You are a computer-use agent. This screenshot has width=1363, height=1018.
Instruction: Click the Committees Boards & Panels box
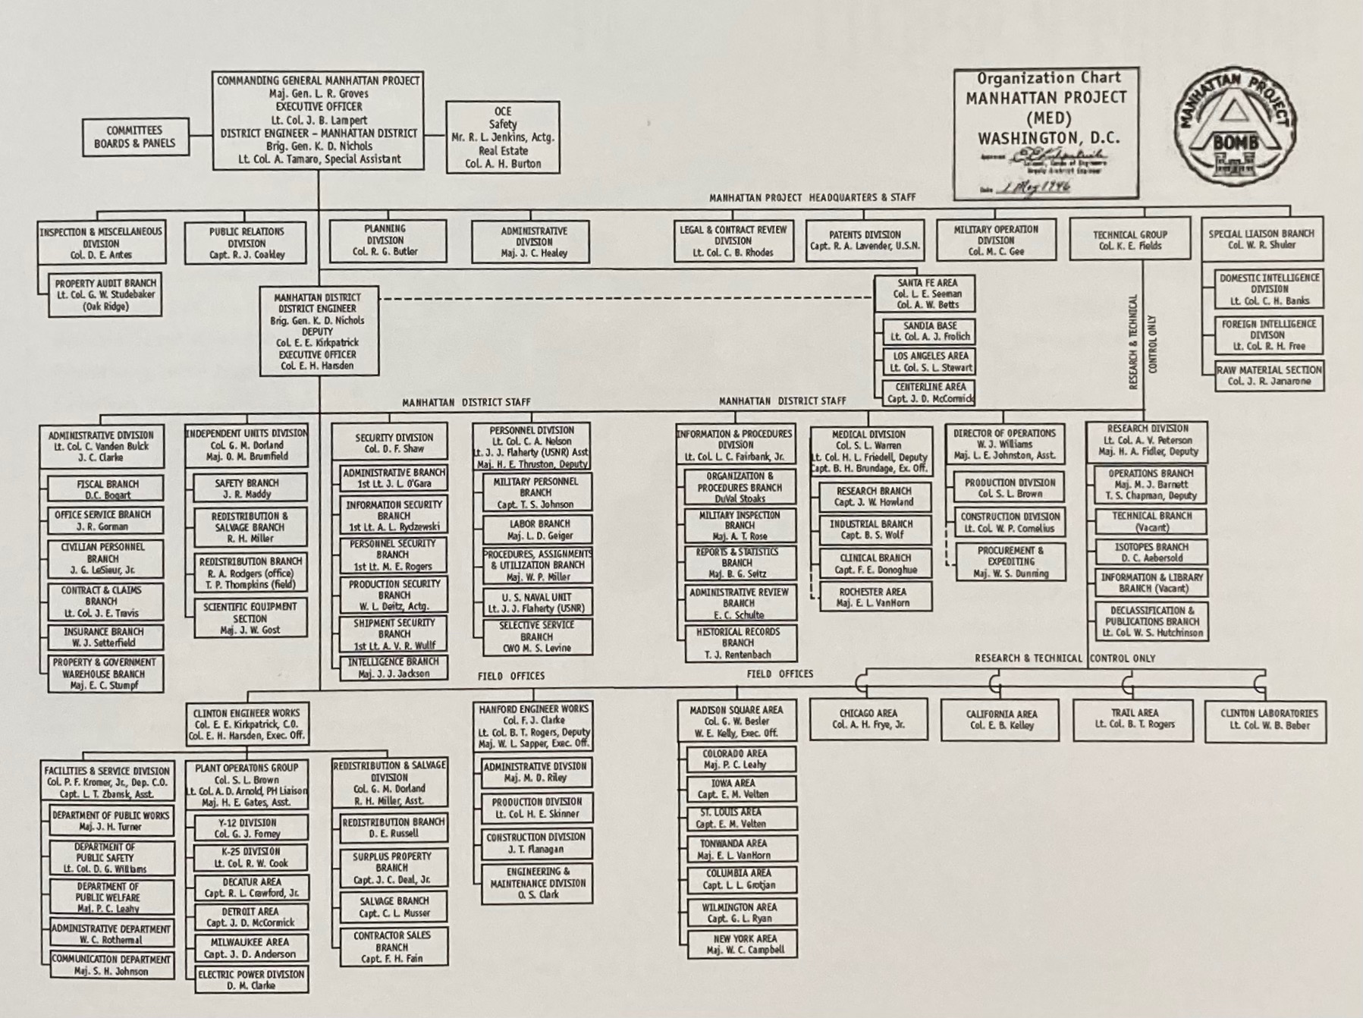[x=135, y=137]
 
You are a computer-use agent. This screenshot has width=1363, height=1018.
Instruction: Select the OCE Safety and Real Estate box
[x=503, y=137]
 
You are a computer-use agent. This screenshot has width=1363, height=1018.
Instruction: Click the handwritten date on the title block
[x=1036, y=187]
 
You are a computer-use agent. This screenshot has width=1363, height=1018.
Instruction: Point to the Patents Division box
[x=865, y=240]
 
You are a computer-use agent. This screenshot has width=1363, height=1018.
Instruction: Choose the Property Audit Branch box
[x=105, y=295]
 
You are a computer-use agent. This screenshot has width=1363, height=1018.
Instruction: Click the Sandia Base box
[x=929, y=331]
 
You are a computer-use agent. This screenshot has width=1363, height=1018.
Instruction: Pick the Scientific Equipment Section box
[x=250, y=618]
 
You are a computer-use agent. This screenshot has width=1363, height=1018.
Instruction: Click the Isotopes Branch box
[x=1151, y=552]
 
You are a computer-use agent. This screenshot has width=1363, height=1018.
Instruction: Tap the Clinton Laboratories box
[x=1268, y=720]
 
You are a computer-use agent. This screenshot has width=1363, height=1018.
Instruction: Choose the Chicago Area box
[x=868, y=719]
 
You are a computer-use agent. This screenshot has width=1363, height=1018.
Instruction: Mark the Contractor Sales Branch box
[x=392, y=947]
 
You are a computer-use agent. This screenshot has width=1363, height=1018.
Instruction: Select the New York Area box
[x=739, y=944]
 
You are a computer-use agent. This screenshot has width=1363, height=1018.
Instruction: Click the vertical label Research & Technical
[x=1133, y=343]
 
